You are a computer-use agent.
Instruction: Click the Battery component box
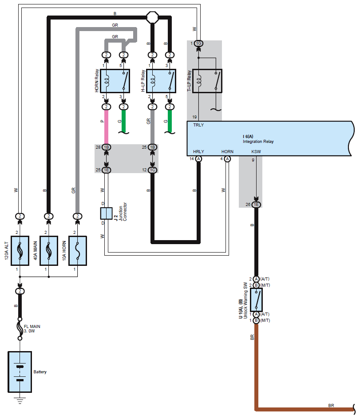[20, 372]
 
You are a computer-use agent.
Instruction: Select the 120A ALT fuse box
[20, 251]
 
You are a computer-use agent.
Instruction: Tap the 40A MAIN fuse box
[49, 251]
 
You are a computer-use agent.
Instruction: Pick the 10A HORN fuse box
[78, 251]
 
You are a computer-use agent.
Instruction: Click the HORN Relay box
[115, 81]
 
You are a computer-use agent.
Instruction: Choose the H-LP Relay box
[161, 81]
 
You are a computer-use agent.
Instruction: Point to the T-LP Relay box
[207, 81]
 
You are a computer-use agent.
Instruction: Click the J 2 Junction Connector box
[106, 213]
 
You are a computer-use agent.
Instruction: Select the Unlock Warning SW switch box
[256, 300]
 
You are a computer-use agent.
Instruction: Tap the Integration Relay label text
[258, 141]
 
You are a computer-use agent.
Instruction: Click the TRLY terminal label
[198, 125]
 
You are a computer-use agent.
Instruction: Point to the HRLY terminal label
[198, 151]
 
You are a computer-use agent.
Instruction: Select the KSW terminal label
[256, 151]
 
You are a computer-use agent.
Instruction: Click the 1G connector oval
[198, 43]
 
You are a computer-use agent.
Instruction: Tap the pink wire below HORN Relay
[106, 126]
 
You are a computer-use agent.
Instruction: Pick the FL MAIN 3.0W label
[32, 329]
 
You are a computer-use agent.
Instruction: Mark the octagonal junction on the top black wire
[153, 18]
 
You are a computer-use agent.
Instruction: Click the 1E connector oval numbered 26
[256, 205]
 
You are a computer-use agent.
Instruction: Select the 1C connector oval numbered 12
[152, 170]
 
